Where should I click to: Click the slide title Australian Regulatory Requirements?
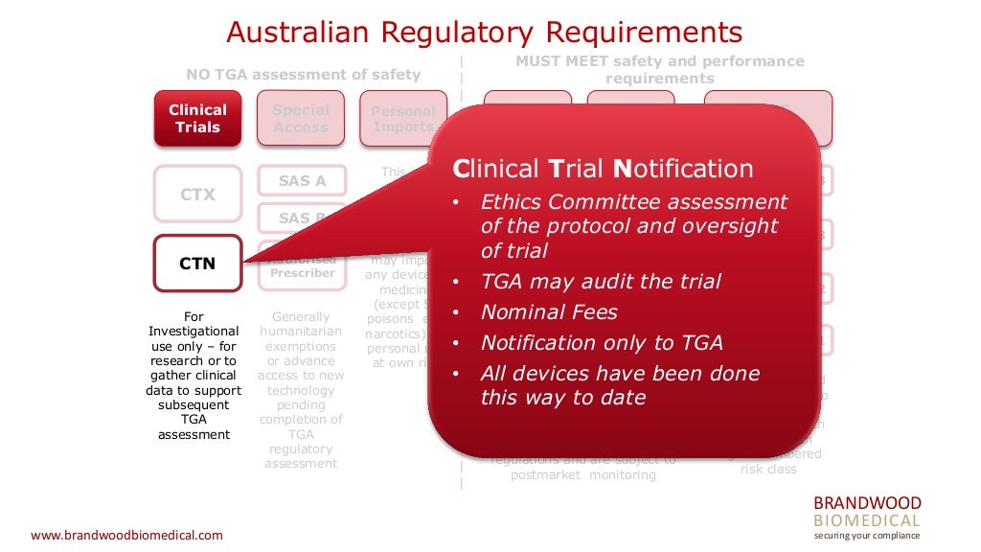click(484, 32)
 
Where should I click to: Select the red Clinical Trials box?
click(197, 119)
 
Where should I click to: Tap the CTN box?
click(197, 264)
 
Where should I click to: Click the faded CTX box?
click(197, 195)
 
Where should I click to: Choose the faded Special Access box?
click(300, 119)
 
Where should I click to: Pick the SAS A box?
click(301, 180)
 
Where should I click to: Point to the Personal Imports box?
click(402, 119)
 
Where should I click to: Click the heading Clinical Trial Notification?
click(603, 170)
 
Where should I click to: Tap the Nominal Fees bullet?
click(549, 311)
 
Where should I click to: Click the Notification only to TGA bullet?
click(601, 342)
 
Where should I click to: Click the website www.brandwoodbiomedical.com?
click(126, 535)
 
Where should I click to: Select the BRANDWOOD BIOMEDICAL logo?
click(866, 512)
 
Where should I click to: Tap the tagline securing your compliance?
click(866, 536)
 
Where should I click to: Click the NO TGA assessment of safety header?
click(303, 75)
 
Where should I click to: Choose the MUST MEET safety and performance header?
click(659, 69)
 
